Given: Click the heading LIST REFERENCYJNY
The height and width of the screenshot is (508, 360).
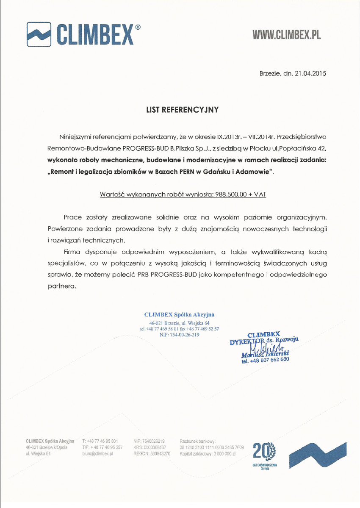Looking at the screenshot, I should [x=182, y=110].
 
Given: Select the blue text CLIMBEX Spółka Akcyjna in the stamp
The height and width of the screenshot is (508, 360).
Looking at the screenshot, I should [x=179, y=314].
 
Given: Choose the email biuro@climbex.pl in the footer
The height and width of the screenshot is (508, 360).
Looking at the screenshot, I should [x=98, y=453].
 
